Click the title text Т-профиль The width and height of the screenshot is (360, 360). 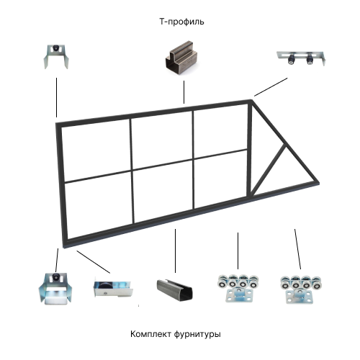click(x=181, y=22)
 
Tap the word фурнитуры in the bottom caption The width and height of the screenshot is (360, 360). click(x=198, y=335)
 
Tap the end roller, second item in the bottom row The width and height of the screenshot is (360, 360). click(x=111, y=289)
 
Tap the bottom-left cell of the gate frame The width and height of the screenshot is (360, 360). click(x=98, y=209)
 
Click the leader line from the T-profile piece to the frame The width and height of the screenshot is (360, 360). click(x=184, y=93)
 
